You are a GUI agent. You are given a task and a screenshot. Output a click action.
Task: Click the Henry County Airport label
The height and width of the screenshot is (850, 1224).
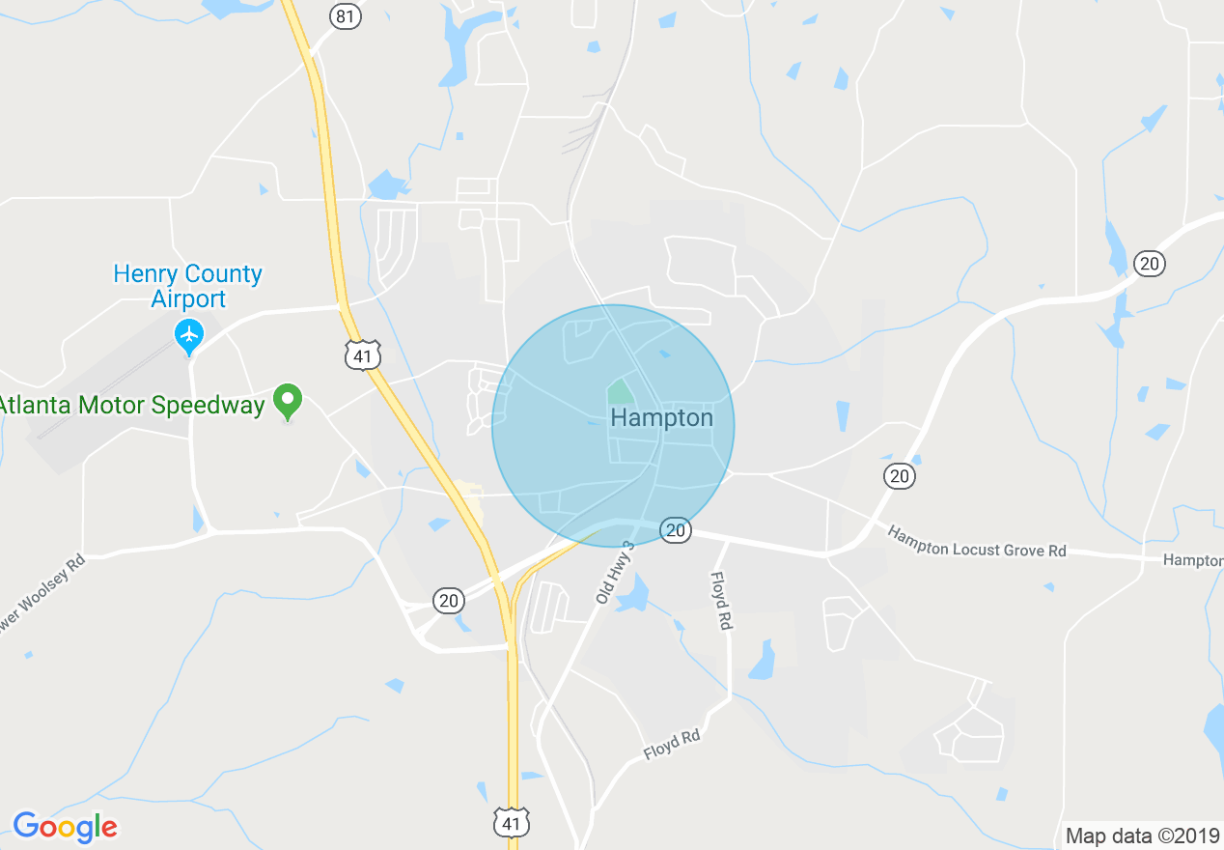[187, 286]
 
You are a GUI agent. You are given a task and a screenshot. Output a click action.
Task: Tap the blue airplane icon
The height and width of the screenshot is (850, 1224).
[189, 335]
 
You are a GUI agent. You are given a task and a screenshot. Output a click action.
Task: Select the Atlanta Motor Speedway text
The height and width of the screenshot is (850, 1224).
[131, 405]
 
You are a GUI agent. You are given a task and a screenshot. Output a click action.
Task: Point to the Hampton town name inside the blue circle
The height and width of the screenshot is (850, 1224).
[662, 417]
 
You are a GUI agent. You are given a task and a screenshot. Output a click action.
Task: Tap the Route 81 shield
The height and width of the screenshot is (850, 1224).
[345, 15]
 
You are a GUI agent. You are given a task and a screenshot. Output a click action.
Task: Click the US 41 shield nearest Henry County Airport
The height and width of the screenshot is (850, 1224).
[362, 355]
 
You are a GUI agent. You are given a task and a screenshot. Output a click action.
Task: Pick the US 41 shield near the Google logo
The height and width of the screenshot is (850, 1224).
[511, 824]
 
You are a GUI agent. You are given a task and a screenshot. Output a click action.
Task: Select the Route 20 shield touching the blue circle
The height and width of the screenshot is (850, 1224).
[676, 529]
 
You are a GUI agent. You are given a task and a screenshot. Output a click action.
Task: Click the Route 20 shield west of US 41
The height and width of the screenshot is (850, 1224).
[448, 601]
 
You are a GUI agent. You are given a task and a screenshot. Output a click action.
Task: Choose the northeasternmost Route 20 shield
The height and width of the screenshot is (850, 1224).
[1149, 263]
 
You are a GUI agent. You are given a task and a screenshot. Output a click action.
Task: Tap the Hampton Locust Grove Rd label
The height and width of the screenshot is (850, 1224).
[977, 542]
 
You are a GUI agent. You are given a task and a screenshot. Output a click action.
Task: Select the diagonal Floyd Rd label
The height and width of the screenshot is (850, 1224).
[672, 745]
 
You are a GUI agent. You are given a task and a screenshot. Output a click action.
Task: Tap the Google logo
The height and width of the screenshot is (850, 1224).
[65, 827]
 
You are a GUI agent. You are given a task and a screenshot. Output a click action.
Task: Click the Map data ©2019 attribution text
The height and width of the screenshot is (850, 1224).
[1141, 836]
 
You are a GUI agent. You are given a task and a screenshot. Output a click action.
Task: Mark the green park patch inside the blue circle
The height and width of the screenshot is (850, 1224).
[619, 392]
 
